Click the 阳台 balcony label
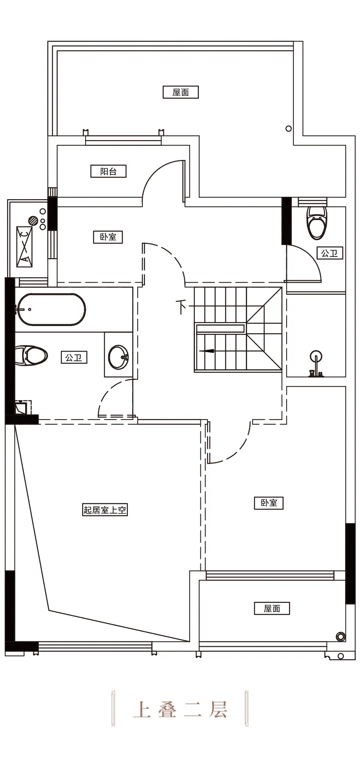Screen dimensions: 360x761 click(108, 171)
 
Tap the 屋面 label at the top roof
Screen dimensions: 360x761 click(181, 92)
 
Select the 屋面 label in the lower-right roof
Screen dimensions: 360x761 click(272, 608)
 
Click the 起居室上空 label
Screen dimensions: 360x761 click(105, 510)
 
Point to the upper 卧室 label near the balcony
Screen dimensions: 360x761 click(108, 237)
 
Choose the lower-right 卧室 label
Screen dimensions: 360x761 click(269, 503)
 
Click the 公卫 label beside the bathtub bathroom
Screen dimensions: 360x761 click(74, 358)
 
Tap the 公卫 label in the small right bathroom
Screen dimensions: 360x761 click(330, 253)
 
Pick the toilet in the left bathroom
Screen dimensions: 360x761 click(31, 356)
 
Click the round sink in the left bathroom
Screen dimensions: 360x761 click(118, 357)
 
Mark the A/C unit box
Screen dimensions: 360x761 click(24, 247)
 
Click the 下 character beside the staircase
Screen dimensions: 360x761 click(181, 307)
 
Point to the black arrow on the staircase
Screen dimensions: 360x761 click(207, 351)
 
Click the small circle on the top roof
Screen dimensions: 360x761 click(289, 129)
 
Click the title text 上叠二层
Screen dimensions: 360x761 click(180, 709)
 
